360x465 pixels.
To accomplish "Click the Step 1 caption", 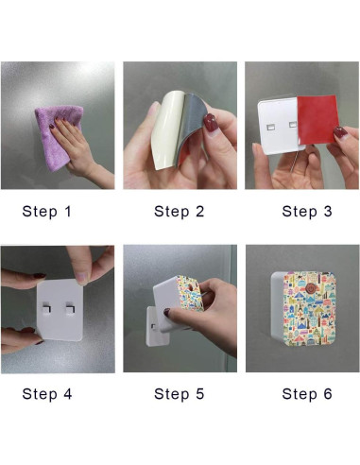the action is pyautogui.click(x=47, y=212).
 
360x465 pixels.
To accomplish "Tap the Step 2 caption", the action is pyautogui.click(x=180, y=212).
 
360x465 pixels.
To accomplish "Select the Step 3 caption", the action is pyautogui.click(x=307, y=212).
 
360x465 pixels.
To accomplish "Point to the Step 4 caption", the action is pyautogui.click(x=47, y=394).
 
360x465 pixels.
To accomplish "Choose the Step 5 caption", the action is pyautogui.click(x=180, y=394).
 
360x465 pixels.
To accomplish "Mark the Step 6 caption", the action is pyautogui.click(x=307, y=394).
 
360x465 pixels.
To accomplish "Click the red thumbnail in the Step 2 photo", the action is pyautogui.click(x=211, y=123).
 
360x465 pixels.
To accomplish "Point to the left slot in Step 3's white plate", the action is pyautogui.click(x=271, y=128).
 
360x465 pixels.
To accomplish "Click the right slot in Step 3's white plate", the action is pyautogui.click(x=293, y=125).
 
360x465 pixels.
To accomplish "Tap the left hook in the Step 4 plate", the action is pyautogui.click(x=46, y=308).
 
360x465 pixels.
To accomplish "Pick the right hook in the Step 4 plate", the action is pyautogui.click(x=70, y=308).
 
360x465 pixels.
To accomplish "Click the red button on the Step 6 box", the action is pyautogui.click(x=311, y=288).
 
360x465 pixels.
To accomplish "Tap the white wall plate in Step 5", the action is pyautogui.click(x=156, y=326).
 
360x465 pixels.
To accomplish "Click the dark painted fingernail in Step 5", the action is pyautogui.click(x=166, y=313).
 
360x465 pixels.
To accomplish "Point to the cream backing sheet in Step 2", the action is pyautogui.click(x=166, y=129).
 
